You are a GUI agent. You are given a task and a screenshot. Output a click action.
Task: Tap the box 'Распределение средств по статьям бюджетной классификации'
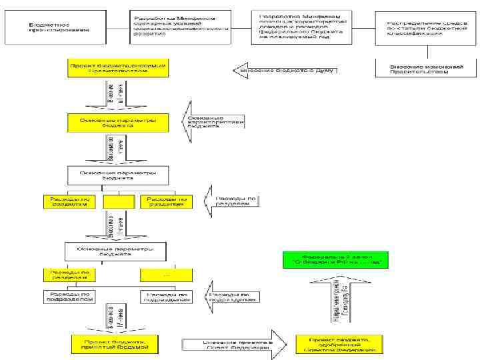419,27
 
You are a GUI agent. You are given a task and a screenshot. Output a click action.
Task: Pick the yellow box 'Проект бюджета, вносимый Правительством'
118,69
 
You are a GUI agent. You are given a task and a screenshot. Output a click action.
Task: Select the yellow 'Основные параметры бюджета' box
118,123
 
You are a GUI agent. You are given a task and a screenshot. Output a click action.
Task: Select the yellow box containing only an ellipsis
165,275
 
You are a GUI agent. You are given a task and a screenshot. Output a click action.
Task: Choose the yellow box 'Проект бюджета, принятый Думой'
118,344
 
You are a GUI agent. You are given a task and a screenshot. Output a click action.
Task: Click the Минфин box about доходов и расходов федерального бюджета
303,27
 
